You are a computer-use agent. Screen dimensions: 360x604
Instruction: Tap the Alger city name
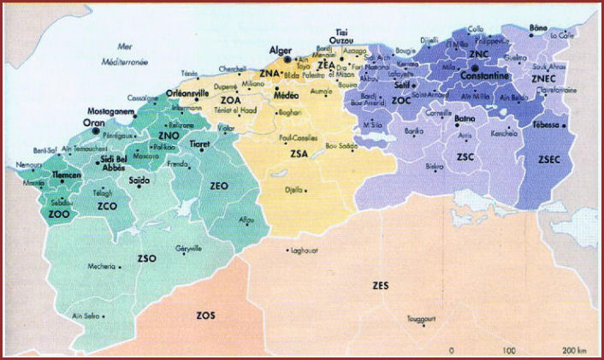(281, 50)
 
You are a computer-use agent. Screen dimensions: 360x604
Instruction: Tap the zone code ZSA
(299, 155)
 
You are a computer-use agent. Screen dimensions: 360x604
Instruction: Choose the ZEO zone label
(220, 186)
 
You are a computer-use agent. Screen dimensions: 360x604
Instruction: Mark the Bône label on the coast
(539, 28)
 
